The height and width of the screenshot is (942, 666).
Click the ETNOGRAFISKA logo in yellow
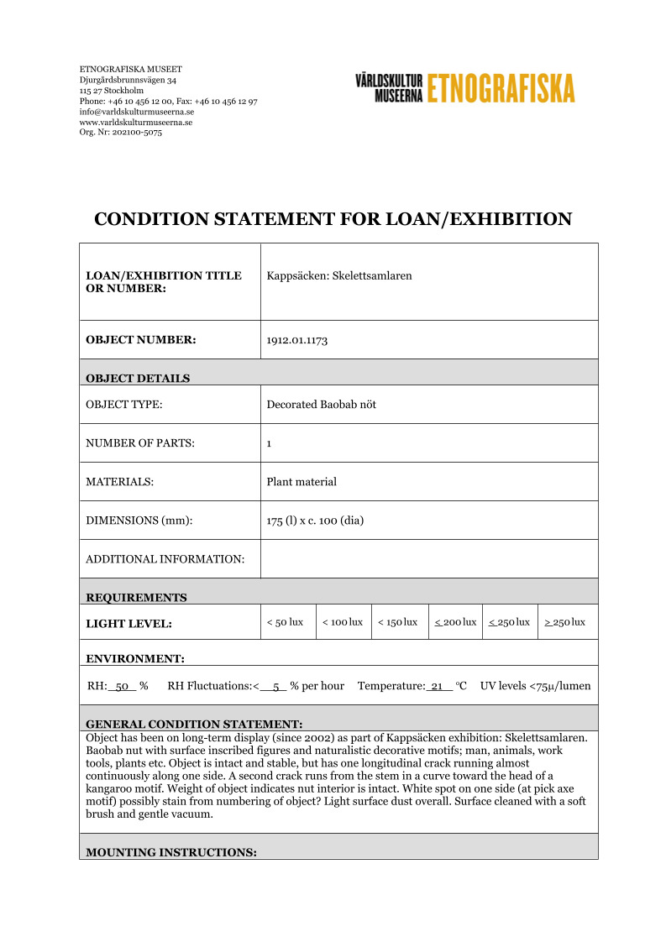(x=501, y=87)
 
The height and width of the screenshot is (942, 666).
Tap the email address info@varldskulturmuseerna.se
(x=137, y=112)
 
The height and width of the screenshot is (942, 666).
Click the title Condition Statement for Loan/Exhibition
(x=333, y=220)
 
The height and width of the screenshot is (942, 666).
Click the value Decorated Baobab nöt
(x=321, y=405)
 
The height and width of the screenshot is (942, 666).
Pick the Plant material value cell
(x=302, y=482)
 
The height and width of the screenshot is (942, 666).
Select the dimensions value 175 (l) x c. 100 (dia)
(x=315, y=521)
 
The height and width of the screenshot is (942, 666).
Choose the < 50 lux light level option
(x=285, y=622)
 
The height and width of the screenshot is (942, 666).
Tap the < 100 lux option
(x=343, y=622)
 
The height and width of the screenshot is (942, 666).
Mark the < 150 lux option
(x=397, y=622)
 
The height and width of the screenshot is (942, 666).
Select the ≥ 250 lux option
(x=564, y=622)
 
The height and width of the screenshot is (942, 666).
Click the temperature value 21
(x=437, y=686)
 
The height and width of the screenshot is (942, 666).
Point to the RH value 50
(x=122, y=686)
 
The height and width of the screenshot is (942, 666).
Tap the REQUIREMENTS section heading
(x=136, y=598)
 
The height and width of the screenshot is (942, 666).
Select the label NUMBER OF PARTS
(x=140, y=443)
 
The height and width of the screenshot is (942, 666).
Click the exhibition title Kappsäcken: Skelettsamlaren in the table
(x=339, y=275)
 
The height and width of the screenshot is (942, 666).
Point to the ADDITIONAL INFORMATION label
(x=165, y=559)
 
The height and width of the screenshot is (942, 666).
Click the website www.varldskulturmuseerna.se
(x=135, y=122)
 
